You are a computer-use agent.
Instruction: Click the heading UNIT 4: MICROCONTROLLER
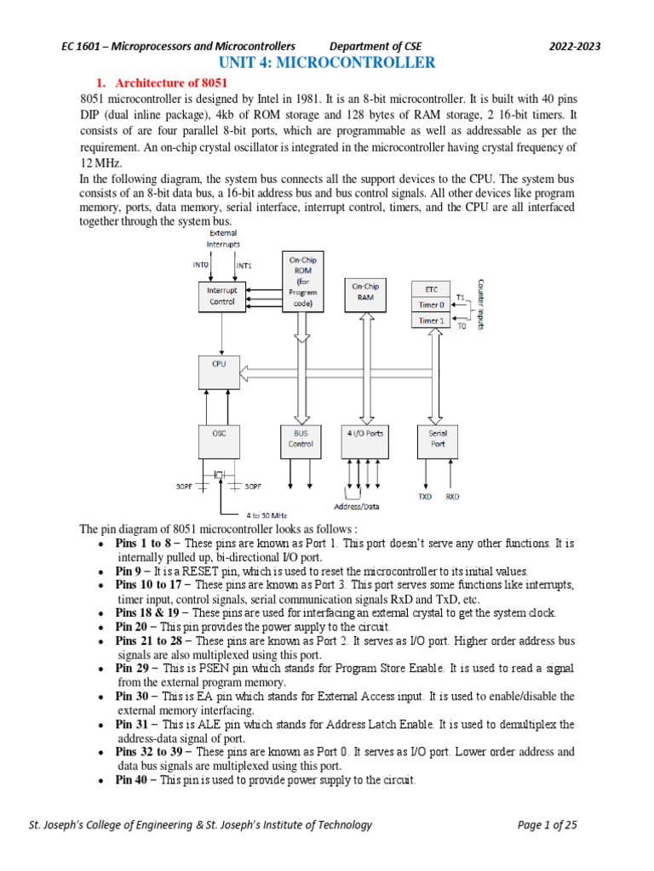point(327,63)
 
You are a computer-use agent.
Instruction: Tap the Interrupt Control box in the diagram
point(222,295)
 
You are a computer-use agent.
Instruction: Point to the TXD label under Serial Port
point(425,496)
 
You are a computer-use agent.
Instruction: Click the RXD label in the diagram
point(452,496)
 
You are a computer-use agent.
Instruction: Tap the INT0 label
point(201,265)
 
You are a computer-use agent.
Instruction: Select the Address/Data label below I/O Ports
point(359,506)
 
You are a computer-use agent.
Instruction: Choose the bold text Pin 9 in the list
point(129,571)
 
